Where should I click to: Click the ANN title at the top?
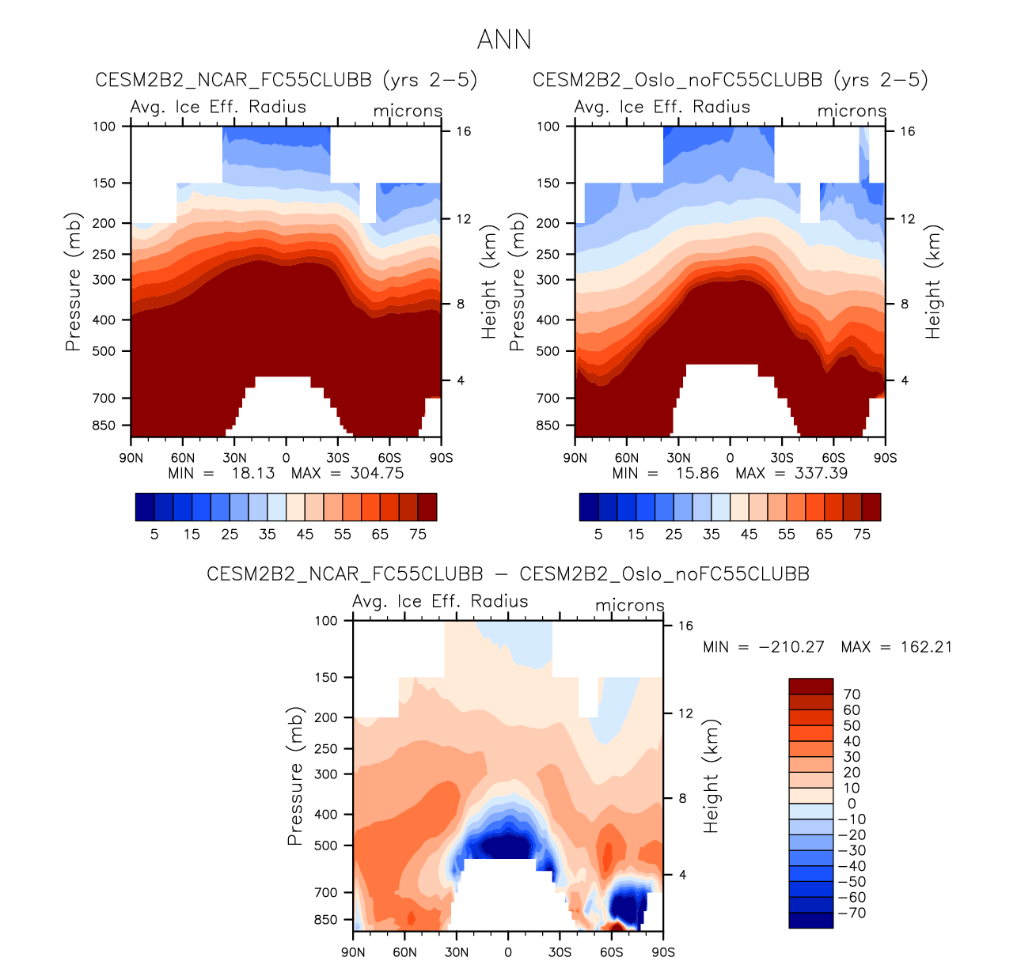pos(504,40)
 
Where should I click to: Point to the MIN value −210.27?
pos(791,647)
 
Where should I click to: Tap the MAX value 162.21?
pos(926,647)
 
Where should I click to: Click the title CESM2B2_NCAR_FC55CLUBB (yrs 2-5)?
pos(287,80)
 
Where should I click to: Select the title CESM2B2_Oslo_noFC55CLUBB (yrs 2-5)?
pos(730,80)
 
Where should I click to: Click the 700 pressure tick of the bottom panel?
pos(326,892)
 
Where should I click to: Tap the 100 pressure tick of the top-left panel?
pos(104,126)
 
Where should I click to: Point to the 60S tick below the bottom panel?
pos(612,952)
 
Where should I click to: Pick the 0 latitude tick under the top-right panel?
pos(730,457)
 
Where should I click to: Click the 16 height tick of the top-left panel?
pos(464,131)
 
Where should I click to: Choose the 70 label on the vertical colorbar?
pos(852,694)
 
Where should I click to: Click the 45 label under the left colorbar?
pos(305,534)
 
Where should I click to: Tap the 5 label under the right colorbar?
pos(598,534)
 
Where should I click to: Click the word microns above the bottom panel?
pos(630,605)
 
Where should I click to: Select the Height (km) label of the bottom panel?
pos(712,775)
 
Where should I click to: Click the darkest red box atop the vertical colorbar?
pos(810,687)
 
